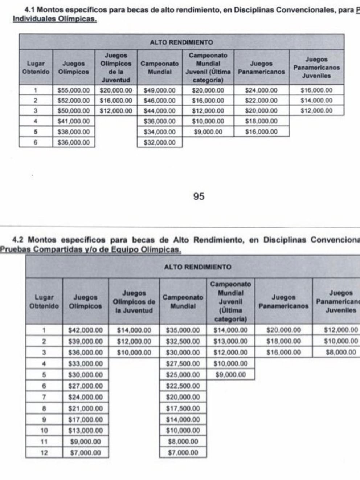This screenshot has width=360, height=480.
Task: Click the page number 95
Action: pyautogui.click(x=199, y=196)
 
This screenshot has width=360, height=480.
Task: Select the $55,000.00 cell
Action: pyautogui.click(x=74, y=90)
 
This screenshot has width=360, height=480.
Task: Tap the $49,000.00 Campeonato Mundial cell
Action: pyautogui.click(x=159, y=90)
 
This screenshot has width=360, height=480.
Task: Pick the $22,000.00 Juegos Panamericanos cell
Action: pyautogui.click(x=261, y=101)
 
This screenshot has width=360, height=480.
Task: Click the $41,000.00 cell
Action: pyautogui.click(x=74, y=121)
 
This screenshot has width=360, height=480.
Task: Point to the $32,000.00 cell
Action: pyautogui.click(x=159, y=143)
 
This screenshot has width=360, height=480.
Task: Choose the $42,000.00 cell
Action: pyautogui.click(x=86, y=330)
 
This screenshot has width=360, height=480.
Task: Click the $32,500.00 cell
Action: pyautogui.click(x=183, y=341)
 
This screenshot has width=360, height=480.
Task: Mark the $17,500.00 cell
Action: pyautogui.click(x=183, y=408)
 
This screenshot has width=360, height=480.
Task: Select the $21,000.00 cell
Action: pyautogui.click(x=86, y=408)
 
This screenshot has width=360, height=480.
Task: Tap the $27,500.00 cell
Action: pyautogui.click(x=183, y=363)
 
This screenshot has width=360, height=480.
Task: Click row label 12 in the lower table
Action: pyautogui.click(x=44, y=453)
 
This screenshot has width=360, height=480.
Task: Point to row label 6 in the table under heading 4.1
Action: pyautogui.click(x=36, y=143)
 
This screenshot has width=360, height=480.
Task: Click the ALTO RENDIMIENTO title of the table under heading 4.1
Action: pyautogui.click(x=181, y=42)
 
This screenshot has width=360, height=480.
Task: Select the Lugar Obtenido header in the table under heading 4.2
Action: pyautogui.click(x=44, y=301)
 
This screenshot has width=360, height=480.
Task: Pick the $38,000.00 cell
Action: pyautogui.click(x=74, y=132)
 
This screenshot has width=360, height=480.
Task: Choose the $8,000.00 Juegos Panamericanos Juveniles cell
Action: pyautogui.click(x=340, y=352)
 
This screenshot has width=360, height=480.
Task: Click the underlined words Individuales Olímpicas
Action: pyautogui.click(x=54, y=19)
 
